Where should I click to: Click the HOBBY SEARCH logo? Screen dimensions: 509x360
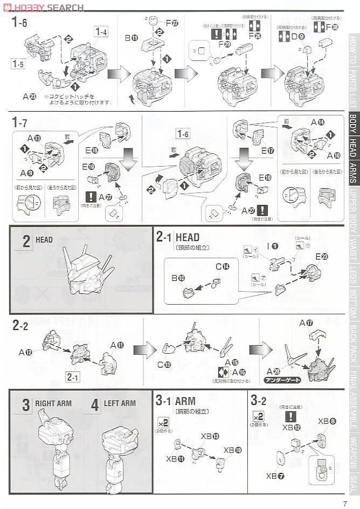43,7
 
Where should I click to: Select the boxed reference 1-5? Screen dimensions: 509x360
18,64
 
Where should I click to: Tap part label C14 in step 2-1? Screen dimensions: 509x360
222,266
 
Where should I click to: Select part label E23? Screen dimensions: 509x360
322,257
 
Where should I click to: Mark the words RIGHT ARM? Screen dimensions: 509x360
53,403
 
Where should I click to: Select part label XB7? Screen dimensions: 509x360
273,476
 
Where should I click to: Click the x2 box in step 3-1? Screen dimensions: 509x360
163,422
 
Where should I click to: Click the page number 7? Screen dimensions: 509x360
345,504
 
